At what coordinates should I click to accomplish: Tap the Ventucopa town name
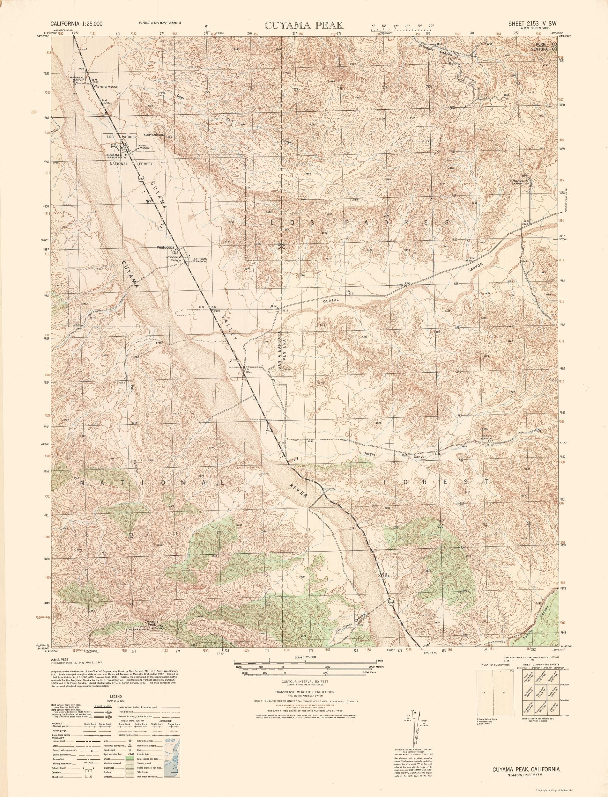click(x=165, y=247)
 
